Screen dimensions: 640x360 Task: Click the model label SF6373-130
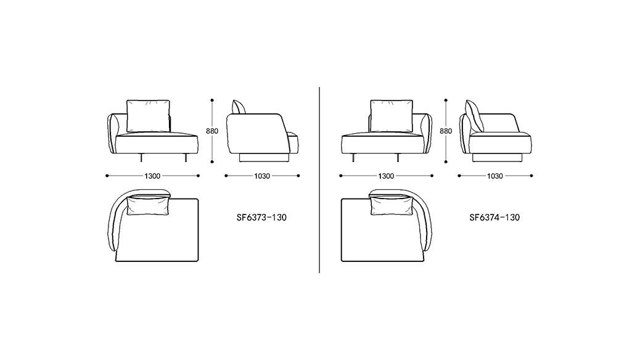tap(261, 218)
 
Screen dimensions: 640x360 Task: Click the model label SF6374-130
tap(494, 218)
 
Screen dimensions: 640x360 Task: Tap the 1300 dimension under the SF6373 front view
tap(152, 176)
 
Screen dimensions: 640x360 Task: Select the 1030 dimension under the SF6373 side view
tap(262, 176)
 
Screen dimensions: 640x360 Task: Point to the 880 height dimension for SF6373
tap(212, 131)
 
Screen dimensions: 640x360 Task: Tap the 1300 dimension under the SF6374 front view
tap(386, 176)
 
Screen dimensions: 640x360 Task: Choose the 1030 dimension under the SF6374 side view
tap(494, 176)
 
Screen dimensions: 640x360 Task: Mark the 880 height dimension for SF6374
tap(446, 131)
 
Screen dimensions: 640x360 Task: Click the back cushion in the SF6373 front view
tap(148, 116)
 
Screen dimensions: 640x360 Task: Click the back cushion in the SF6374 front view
tap(392, 116)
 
